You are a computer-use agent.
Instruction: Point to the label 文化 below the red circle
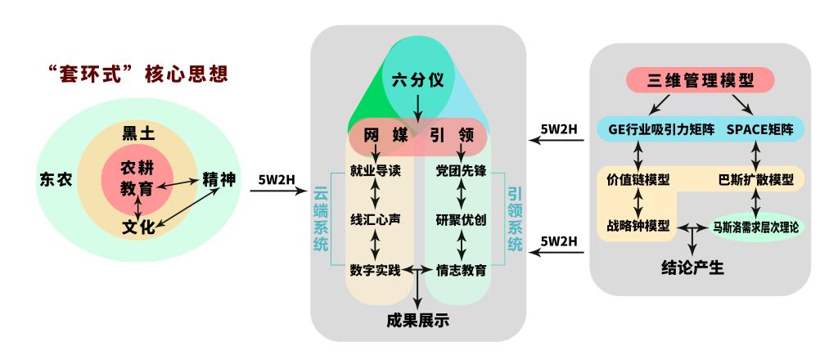click(x=138, y=227)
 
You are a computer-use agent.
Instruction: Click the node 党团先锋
click(x=461, y=171)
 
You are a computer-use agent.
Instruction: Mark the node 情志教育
click(x=461, y=268)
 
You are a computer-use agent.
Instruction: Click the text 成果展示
click(x=418, y=320)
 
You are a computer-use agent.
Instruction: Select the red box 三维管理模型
click(x=700, y=80)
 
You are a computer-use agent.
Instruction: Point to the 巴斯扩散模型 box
click(x=755, y=178)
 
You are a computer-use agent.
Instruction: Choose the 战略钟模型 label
click(x=638, y=226)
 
